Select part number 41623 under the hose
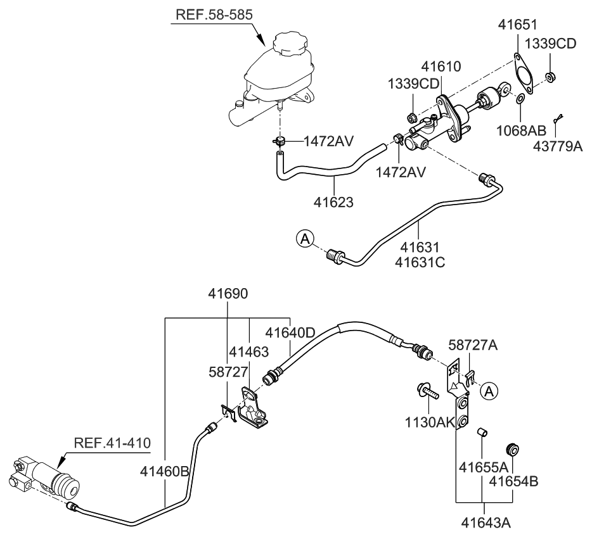tap(333, 202)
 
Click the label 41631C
tap(419, 260)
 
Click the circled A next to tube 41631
tap(305, 239)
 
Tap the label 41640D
tap(290, 332)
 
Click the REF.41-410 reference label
tap(112, 442)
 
